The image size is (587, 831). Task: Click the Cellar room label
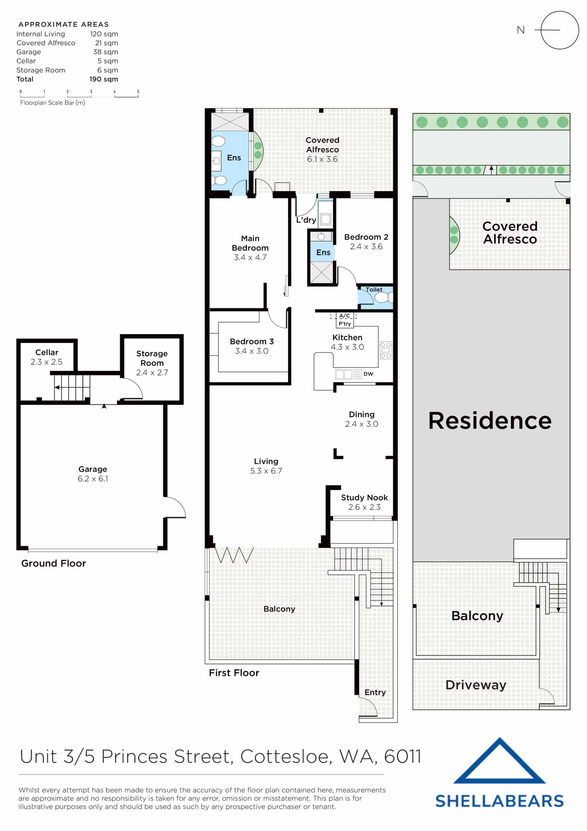coord(47,352)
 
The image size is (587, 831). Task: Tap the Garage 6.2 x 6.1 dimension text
coord(92,478)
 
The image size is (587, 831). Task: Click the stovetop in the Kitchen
coord(386,350)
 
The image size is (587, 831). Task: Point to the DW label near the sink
coord(368,374)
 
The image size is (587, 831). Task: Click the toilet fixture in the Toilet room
coord(382,298)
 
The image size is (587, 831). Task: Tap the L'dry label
coord(306,220)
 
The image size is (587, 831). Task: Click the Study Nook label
coord(364,497)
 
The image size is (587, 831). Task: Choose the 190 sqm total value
coord(103,79)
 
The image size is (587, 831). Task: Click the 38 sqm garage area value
coord(105,52)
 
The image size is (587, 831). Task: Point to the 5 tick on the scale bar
coord(138,92)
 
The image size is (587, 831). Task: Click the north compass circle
coord(559,30)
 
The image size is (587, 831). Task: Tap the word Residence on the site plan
coord(490,421)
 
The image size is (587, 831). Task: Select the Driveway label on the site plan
coord(476,685)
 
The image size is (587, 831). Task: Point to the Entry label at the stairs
coord(375,692)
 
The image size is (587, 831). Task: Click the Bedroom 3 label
coord(252,341)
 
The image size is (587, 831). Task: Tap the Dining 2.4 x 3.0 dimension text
coord(361,424)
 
